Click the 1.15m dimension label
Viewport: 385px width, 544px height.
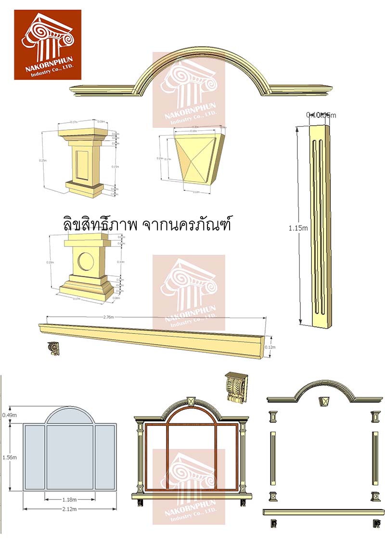pyautogui.click(x=298, y=228)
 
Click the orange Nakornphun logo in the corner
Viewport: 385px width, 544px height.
pyautogui.click(x=47, y=44)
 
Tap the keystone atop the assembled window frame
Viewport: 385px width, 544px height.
pyautogui.click(x=191, y=401)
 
